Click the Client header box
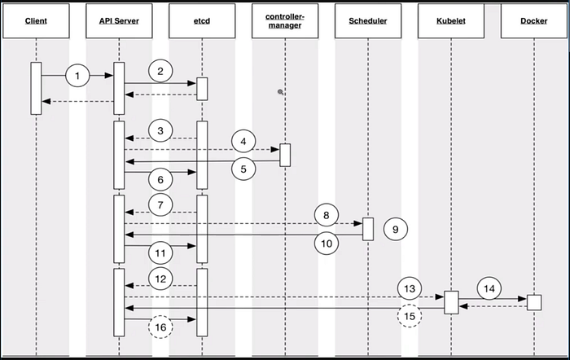36,21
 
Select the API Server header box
119,21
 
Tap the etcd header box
202,21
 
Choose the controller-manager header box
285,21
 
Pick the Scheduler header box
367,21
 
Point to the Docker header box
533,21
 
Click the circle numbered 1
77,76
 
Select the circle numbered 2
160,71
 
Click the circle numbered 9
395,230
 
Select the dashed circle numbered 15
409,316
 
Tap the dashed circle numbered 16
160,328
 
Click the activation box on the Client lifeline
36,88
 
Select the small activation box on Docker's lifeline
533,302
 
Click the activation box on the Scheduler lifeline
367,229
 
